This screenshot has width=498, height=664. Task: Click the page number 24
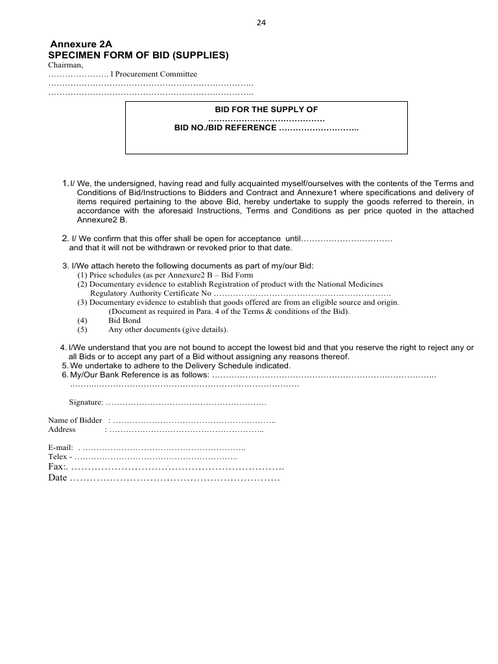261,23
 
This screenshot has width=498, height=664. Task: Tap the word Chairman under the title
65,65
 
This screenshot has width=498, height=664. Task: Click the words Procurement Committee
156,75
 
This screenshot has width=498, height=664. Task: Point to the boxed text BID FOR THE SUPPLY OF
267,110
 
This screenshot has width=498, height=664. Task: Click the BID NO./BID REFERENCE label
226,128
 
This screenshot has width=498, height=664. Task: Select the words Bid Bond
124,320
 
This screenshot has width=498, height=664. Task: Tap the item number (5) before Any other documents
82,329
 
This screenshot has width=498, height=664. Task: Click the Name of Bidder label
75,420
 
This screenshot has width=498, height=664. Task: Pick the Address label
62,429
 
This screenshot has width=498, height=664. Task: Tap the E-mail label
60,448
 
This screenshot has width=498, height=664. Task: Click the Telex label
58,457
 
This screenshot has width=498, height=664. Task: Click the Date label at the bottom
58,478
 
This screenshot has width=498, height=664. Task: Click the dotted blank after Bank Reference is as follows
324,375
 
